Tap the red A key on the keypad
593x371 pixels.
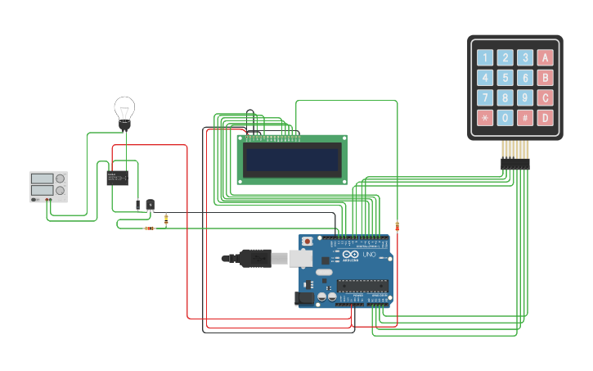546,58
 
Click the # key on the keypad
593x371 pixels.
525,118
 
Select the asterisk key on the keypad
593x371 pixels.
486,118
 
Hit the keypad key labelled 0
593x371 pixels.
505,118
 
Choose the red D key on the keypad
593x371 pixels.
546,118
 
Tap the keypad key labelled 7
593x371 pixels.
486,98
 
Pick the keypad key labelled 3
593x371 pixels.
525,58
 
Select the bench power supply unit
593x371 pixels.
48,187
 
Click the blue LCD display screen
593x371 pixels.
292,160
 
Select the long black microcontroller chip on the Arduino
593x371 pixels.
362,285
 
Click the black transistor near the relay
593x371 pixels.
150,204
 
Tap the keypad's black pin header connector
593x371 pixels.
515,164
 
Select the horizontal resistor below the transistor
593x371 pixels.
149,228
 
